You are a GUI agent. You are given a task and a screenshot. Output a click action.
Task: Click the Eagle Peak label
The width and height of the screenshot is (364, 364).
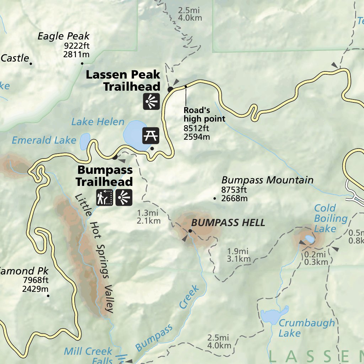click(64, 36)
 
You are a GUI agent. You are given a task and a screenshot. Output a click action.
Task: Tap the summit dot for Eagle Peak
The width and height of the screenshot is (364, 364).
click(82, 64)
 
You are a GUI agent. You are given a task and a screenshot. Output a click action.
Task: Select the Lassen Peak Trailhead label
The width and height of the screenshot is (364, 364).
click(123, 81)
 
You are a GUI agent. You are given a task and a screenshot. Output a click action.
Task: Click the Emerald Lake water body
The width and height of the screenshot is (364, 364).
click(85, 141)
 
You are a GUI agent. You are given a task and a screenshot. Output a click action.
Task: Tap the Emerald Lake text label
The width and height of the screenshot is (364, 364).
click(44, 140)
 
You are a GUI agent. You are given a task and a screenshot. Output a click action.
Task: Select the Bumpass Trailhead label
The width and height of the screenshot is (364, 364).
click(105, 176)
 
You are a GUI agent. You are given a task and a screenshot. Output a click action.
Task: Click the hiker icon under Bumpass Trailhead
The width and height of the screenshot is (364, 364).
click(105, 198)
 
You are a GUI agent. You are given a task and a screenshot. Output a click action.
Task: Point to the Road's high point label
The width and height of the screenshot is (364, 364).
click(204, 114)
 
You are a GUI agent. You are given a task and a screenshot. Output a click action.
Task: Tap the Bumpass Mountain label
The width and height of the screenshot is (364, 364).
click(267, 180)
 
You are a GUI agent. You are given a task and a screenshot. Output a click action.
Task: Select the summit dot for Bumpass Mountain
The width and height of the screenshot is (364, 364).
click(214, 198)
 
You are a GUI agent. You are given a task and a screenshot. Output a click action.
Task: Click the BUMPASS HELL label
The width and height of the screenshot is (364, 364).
click(228, 223)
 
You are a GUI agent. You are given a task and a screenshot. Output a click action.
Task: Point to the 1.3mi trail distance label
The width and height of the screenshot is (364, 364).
click(148, 213)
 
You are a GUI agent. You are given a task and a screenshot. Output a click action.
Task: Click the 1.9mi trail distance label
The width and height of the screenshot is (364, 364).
click(239, 251)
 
